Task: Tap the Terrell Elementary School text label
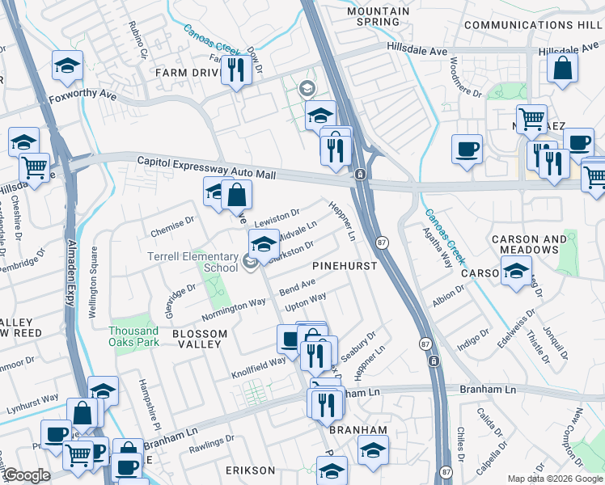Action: [x=192, y=262]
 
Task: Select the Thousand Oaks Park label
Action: [x=133, y=336]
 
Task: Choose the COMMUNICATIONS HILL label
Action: [x=530, y=25]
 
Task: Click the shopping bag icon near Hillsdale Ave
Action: [x=562, y=69]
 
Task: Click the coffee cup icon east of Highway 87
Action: [x=467, y=149]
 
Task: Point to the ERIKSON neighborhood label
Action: [x=250, y=470]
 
